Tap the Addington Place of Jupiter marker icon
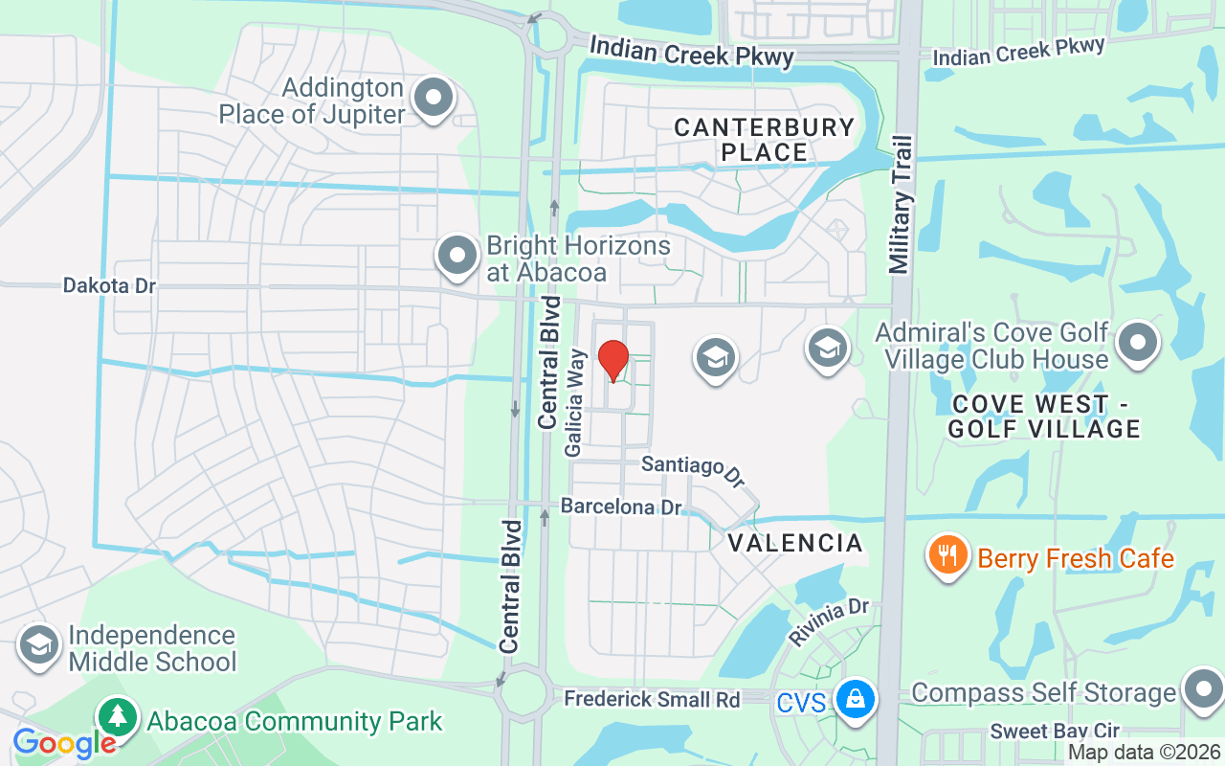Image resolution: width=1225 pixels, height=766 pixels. pos(434,98)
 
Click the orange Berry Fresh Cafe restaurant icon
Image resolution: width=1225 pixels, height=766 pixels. pos(947,555)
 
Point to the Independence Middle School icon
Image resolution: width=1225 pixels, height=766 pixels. pos(38,645)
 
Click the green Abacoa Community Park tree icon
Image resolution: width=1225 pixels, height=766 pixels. pos(117,717)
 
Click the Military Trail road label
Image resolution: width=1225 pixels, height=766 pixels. pos(902,205)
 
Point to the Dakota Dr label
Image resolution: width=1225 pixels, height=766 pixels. pos(109,285)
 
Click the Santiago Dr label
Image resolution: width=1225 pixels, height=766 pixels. pos(693,468)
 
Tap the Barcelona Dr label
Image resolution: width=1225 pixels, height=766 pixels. pos(621,506)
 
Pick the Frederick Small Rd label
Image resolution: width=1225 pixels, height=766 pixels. pos(652,699)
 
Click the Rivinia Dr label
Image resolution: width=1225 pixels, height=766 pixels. pos(829,621)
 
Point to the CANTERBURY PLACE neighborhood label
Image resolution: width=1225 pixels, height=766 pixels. pos(764,140)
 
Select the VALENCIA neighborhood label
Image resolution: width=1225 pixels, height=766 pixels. pos(795,544)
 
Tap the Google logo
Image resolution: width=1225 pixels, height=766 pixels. pos(64,744)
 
